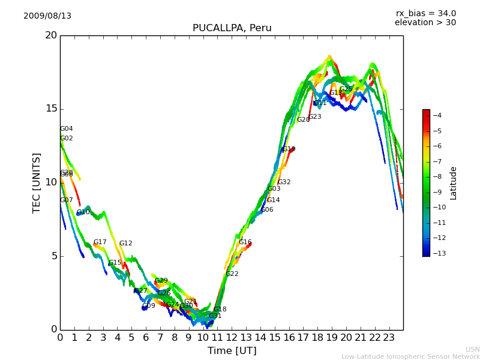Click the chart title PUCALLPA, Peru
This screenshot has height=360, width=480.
point(232,28)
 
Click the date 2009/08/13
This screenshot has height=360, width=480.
point(47,16)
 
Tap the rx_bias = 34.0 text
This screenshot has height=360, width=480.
point(425,14)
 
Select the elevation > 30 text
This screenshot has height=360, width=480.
point(425,23)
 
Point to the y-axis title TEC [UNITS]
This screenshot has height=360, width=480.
point(37,182)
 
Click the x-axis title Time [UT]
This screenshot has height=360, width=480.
point(232,351)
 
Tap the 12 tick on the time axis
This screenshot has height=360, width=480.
point(232,337)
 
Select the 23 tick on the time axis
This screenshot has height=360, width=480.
point(389,337)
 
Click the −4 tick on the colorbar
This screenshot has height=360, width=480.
point(437,115)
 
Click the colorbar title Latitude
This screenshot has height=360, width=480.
point(454,183)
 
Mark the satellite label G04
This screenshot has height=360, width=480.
point(67,129)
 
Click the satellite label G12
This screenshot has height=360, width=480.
point(125,244)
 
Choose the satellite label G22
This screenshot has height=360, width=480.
point(232,274)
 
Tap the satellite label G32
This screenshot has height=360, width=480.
point(284,182)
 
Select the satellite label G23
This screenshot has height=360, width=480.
point(315,117)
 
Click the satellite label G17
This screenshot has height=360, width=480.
point(100,242)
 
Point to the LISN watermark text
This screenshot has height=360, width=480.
point(472,349)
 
